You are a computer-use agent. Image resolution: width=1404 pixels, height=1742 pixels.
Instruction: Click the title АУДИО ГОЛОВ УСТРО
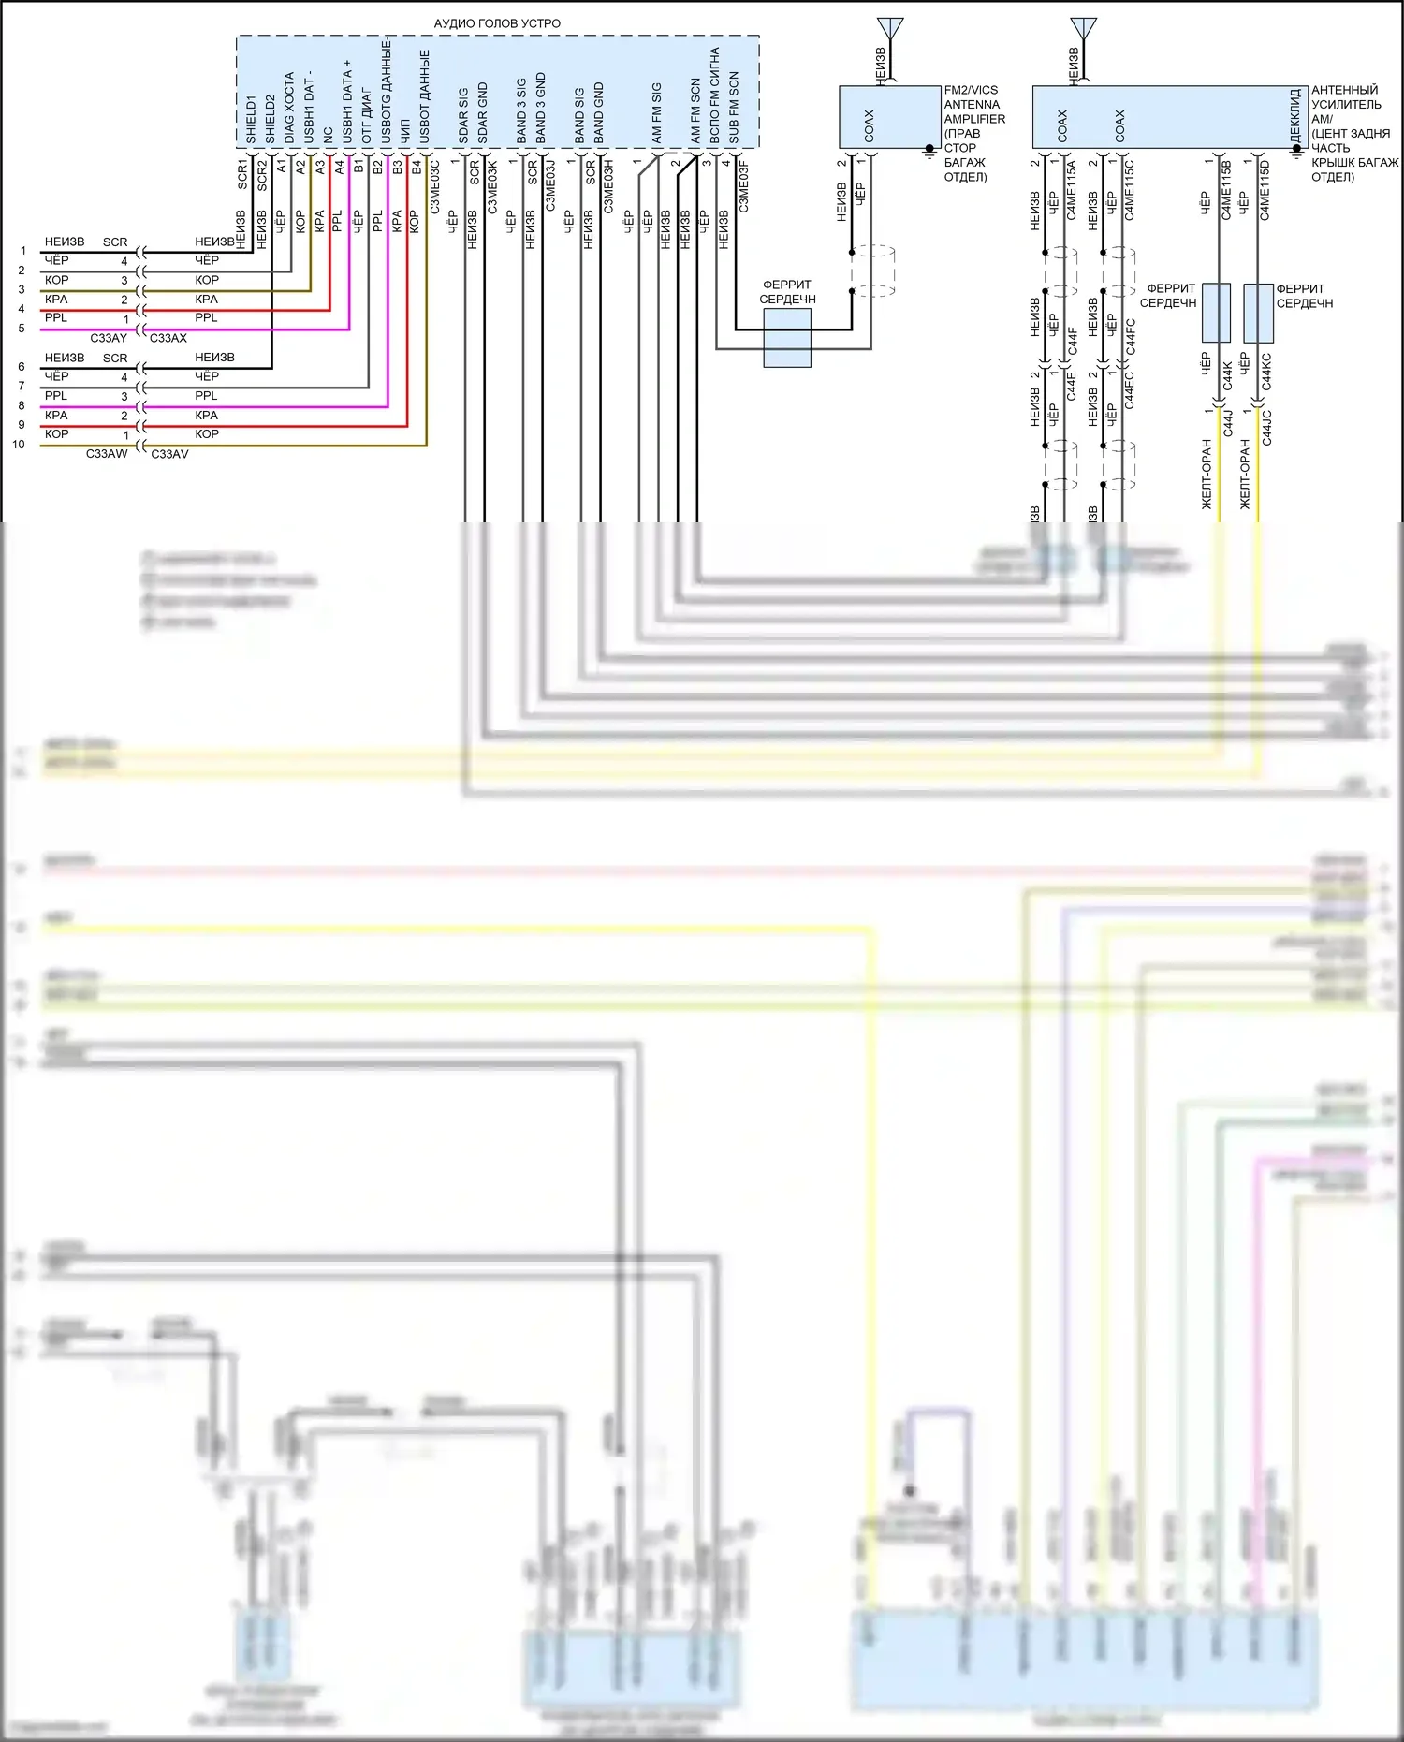click(497, 23)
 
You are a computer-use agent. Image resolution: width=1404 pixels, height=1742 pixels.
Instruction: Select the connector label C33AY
click(109, 338)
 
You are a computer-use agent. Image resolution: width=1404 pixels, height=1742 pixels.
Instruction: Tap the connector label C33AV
click(169, 454)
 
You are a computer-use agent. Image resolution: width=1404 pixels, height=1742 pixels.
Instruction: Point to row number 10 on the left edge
click(19, 445)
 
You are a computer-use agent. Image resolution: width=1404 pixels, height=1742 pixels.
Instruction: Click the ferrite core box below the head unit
click(787, 338)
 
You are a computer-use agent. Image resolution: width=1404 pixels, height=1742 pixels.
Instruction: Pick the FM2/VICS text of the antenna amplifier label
click(971, 90)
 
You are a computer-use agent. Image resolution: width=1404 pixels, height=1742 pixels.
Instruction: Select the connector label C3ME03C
click(435, 186)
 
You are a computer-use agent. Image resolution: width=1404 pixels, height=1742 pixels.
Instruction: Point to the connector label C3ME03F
click(744, 186)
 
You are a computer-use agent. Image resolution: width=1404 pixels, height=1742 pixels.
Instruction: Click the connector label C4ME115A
click(1072, 190)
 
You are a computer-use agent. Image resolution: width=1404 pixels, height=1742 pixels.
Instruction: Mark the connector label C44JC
click(1267, 427)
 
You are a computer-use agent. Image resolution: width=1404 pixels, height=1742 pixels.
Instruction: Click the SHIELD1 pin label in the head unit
click(251, 119)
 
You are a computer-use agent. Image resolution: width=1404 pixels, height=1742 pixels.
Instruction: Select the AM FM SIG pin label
click(657, 113)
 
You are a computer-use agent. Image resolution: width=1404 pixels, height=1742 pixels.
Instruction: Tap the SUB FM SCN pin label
click(734, 108)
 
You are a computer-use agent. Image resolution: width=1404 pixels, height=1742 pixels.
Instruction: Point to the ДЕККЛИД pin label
click(1295, 115)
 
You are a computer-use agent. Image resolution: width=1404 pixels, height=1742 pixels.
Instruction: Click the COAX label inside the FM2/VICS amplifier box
click(870, 125)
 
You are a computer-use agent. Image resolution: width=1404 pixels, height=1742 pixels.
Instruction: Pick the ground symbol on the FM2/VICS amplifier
click(929, 150)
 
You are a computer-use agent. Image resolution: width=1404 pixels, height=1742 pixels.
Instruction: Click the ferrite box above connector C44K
click(1216, 313)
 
